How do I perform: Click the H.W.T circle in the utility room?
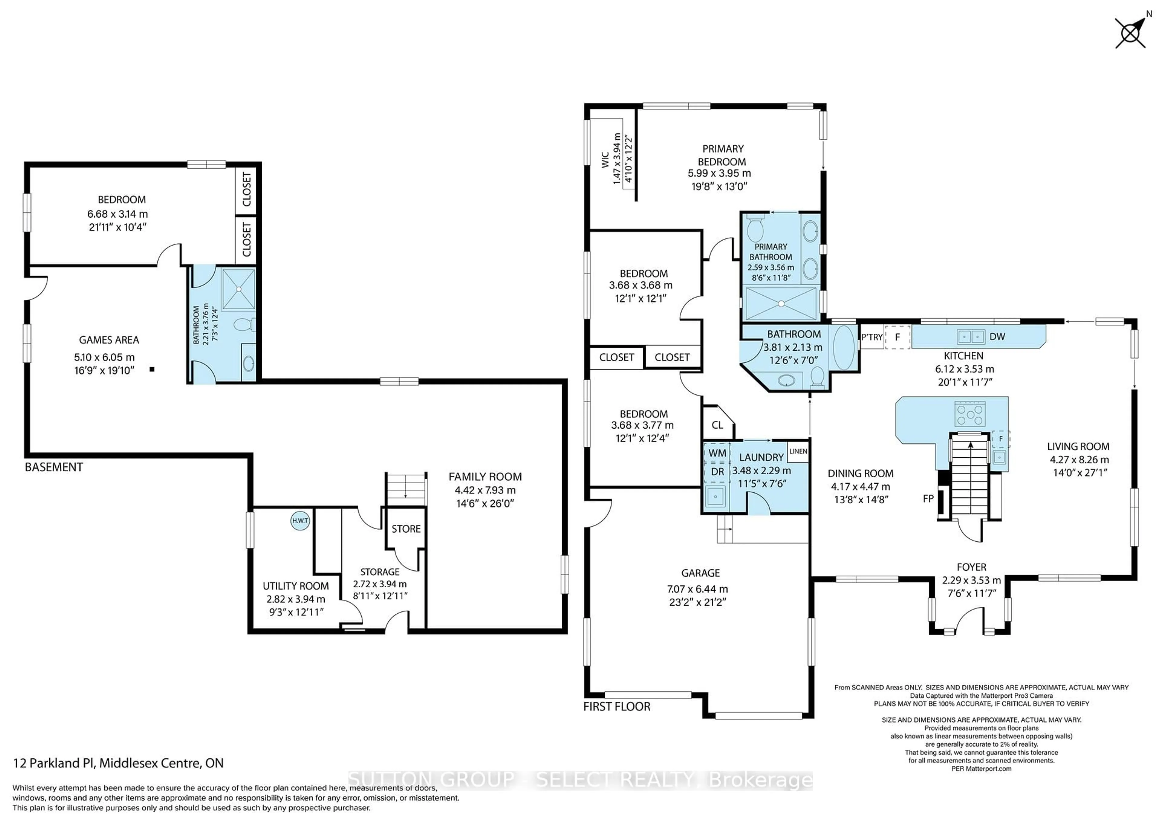point(300,521)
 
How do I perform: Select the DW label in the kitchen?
point(997,337)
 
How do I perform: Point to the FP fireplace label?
point(928,498)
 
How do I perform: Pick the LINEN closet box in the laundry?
point(798,451)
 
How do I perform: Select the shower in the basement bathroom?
point(239,289)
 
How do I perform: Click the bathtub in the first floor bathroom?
point(843,349)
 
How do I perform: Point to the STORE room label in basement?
point(406,529)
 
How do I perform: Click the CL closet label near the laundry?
point(717,425)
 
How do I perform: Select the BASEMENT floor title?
point(54,467)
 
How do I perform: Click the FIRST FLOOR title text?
point(616,707)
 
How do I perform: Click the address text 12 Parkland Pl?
point(118,763)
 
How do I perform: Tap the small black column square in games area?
point(152,370)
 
